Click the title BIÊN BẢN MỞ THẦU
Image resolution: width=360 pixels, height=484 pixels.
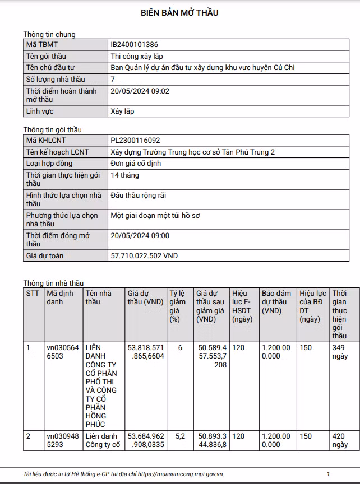pos(179,13)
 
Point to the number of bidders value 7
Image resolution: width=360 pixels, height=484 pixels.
pos(113,79)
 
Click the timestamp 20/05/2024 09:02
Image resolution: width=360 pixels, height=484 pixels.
pos(140,91)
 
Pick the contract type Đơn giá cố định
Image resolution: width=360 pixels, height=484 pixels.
pos(137,163)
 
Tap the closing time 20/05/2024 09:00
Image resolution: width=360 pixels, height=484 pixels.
pos(140,235)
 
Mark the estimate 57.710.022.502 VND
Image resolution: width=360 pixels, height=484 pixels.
pos(144,255)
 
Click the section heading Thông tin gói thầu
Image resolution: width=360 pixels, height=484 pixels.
pos(52,130)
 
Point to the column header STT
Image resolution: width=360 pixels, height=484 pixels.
pos(33,293)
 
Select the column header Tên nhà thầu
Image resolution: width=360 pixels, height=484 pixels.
pos(99,297)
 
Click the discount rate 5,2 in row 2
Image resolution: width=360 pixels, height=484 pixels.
pos(180,436)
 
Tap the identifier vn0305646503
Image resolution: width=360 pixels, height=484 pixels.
pos(63,352)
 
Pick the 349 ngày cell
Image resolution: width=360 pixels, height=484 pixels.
pos(340,352)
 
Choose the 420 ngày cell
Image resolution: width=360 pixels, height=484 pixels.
pos(340,440)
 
